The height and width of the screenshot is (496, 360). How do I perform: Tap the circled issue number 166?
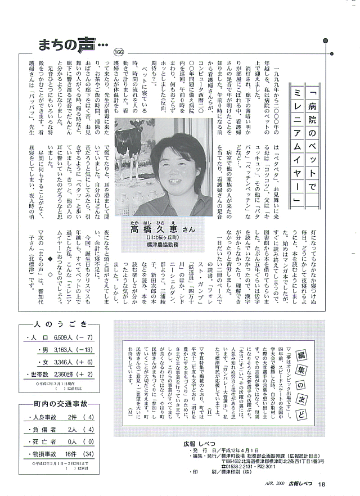[x=118, y=52]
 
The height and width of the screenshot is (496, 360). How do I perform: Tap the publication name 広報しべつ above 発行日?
[x=192, y=444]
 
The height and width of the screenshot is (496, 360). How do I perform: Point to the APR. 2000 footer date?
[x=273, y=484]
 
